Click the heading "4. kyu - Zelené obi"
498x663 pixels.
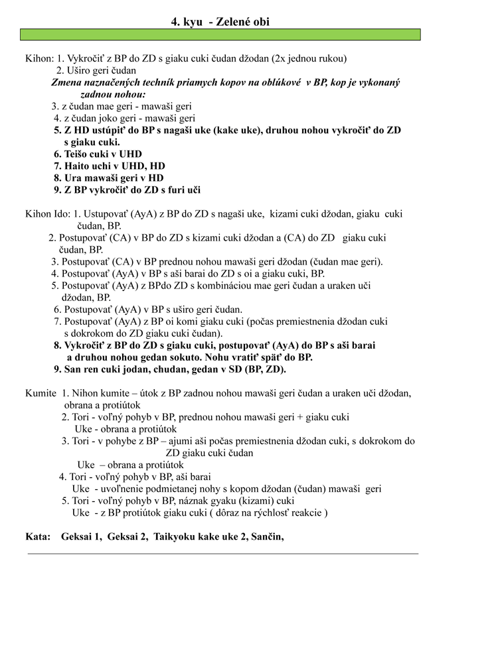(x=220, y=22)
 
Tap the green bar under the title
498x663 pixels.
(x=220, y=35)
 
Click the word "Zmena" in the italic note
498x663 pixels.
(x=68, y=83)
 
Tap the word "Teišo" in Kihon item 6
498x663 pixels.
(x=78, y=154)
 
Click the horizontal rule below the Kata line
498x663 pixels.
(x=223, y=553)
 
